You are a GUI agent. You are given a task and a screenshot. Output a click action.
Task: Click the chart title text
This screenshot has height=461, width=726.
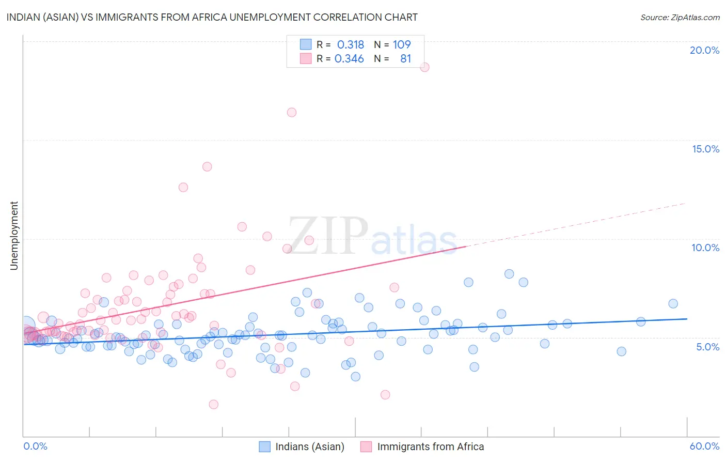[212, 17]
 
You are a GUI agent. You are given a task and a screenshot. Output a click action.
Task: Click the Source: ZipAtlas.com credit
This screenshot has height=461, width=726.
[680, 17]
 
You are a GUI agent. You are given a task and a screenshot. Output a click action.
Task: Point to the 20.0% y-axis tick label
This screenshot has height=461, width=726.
[704, 50]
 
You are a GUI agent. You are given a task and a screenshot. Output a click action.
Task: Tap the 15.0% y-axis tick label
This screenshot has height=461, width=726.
[705, 149]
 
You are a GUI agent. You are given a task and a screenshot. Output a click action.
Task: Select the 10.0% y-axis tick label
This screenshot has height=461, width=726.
[705, 248]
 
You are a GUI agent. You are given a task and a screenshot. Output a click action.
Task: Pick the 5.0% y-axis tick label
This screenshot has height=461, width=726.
[707, 347]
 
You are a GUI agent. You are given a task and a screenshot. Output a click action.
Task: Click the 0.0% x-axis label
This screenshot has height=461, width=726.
[35, 446]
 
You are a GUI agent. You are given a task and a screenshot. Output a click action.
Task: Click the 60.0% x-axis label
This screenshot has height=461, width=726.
[704, 446]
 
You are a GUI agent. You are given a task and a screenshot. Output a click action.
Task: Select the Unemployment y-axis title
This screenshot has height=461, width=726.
[14, 236]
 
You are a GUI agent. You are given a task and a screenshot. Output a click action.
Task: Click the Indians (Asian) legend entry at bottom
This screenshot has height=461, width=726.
[309, 447]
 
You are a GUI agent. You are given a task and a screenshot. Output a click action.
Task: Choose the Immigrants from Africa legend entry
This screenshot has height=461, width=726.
[430, 447]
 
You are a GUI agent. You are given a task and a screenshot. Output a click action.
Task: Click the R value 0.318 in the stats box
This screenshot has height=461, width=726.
[351, 45]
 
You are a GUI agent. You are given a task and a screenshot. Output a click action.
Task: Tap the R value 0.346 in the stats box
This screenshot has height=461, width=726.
[349, 59]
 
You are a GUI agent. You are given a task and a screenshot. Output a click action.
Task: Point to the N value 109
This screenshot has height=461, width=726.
[402, 45]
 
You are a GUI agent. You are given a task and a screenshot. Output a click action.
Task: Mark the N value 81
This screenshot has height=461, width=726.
[405, 59]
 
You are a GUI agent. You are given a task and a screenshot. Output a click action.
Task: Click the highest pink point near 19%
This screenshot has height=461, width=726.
[424, 67]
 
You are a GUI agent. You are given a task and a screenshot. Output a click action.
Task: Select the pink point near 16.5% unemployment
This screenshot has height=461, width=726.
[292, 113]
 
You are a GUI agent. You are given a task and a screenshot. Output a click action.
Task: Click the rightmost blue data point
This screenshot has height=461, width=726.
[673, 304]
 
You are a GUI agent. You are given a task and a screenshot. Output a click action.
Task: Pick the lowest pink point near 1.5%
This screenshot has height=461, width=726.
[213, 404]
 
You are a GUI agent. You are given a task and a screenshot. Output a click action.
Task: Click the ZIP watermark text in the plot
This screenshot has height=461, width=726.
[328, 236]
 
